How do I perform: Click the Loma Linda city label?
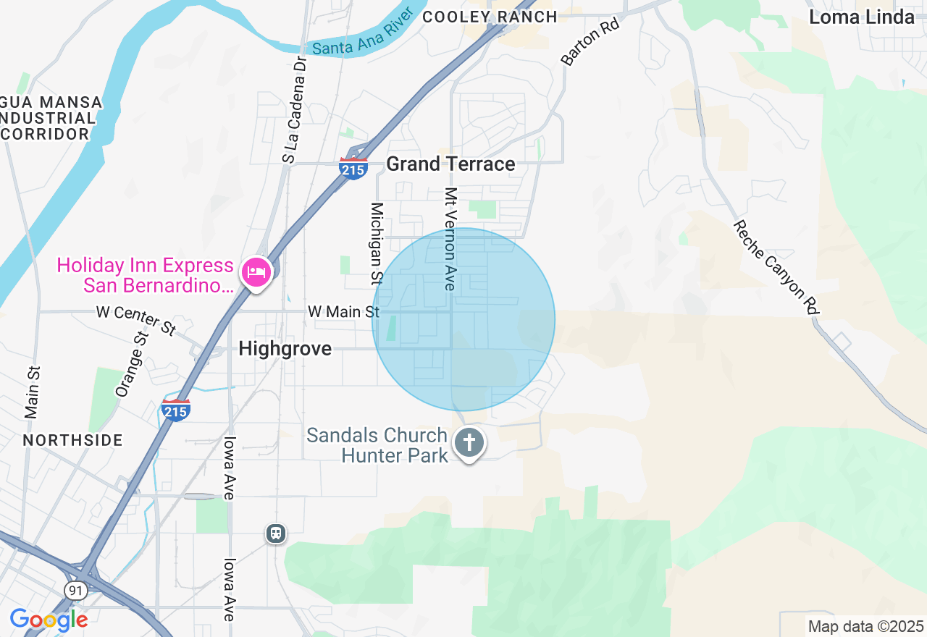[861, 17]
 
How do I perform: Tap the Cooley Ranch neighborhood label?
[490, 16]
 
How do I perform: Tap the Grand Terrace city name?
[450, 164]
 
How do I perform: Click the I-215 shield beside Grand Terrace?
[353, 169]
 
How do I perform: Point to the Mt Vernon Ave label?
[450, 240]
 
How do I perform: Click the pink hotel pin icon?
[256, 273]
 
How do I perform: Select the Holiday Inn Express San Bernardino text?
[145, 275]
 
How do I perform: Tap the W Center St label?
[136, 320]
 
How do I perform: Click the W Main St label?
[343, 311]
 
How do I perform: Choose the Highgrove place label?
[285, 349]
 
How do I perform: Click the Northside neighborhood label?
[72, 440]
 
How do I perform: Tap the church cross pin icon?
[469, 441]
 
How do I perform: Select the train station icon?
[276, 534]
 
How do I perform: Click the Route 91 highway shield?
[75, 591]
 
